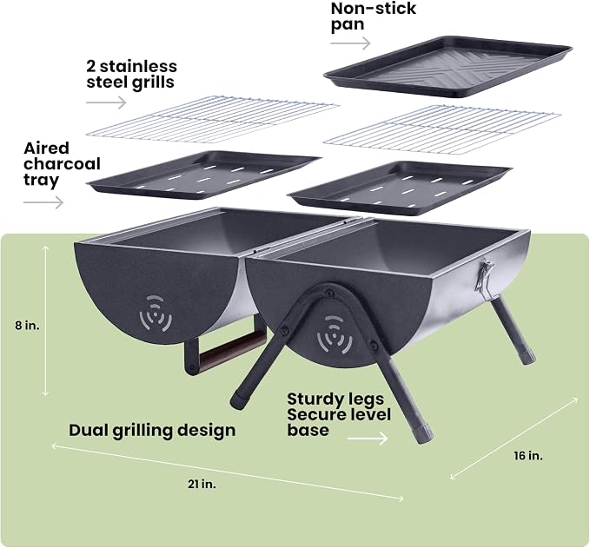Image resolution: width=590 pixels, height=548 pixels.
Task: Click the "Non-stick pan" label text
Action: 374,17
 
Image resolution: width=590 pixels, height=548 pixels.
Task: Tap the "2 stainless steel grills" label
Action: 131,74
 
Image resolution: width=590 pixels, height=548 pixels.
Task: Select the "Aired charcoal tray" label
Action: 62,164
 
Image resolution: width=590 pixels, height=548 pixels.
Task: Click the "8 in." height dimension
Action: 28,326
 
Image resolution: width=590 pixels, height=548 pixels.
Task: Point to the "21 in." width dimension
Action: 202,484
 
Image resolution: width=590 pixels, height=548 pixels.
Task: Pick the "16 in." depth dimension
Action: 528,456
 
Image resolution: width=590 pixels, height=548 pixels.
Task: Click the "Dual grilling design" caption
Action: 152,431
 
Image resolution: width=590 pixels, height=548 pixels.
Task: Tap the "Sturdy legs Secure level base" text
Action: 339,414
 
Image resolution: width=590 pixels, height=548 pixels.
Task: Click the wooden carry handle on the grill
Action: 232,348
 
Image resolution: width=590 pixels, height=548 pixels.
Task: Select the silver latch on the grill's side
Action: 483,277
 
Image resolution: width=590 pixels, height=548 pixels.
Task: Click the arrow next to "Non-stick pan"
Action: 350,43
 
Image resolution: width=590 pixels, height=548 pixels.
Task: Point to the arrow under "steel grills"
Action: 106,102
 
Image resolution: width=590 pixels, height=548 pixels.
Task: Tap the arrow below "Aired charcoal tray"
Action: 43,202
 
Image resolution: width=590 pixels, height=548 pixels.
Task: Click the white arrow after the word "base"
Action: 368,438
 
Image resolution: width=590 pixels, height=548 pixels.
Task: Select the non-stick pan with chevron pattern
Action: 448,66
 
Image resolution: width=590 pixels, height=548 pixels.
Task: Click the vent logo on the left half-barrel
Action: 156,314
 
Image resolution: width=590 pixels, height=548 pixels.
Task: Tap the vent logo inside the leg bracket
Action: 335,334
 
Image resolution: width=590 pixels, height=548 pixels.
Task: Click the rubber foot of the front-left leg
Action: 239,400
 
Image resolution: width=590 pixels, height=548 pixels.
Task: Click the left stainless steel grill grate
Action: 213,120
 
